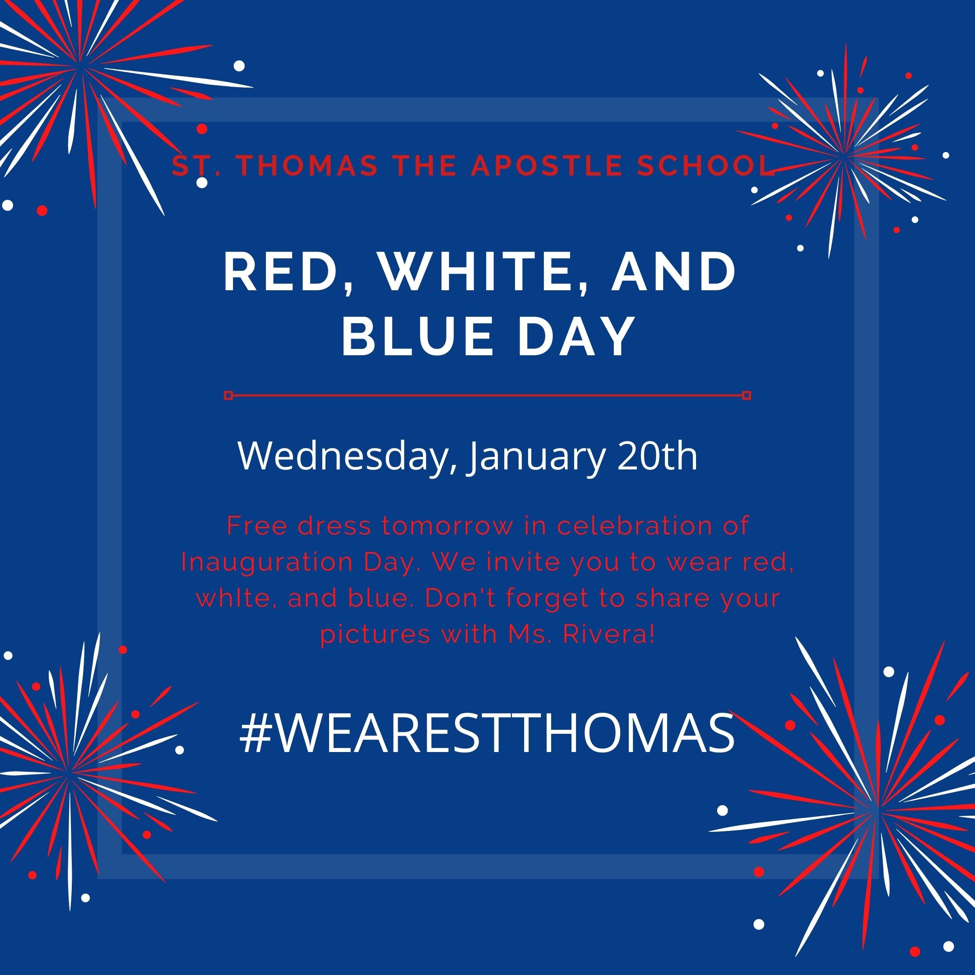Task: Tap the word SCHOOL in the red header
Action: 706,167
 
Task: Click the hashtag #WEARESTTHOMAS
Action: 487,733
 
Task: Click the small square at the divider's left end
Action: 228,395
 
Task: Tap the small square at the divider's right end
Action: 747,395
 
